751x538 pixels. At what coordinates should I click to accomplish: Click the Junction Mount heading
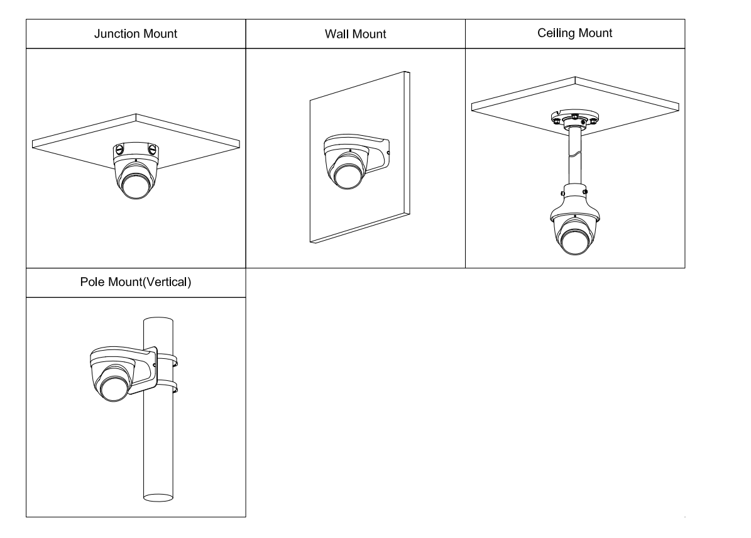click(x=136, y=34)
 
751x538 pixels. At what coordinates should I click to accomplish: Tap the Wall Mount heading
click(x=355, y=34)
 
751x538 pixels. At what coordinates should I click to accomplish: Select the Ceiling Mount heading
click(x=575, y=33)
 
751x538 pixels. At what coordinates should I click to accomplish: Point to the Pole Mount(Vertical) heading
click(x=136, y=282)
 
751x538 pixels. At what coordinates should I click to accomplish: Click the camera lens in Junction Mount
click(x=135, y=186)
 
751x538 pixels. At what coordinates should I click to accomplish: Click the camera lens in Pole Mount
click(x=112, y=387)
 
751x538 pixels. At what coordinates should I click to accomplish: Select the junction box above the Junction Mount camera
click(x=135, y=150)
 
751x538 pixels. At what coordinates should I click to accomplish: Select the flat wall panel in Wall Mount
click(x=358, y=207)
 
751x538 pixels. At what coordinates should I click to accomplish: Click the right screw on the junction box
click(x=151, y=150)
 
